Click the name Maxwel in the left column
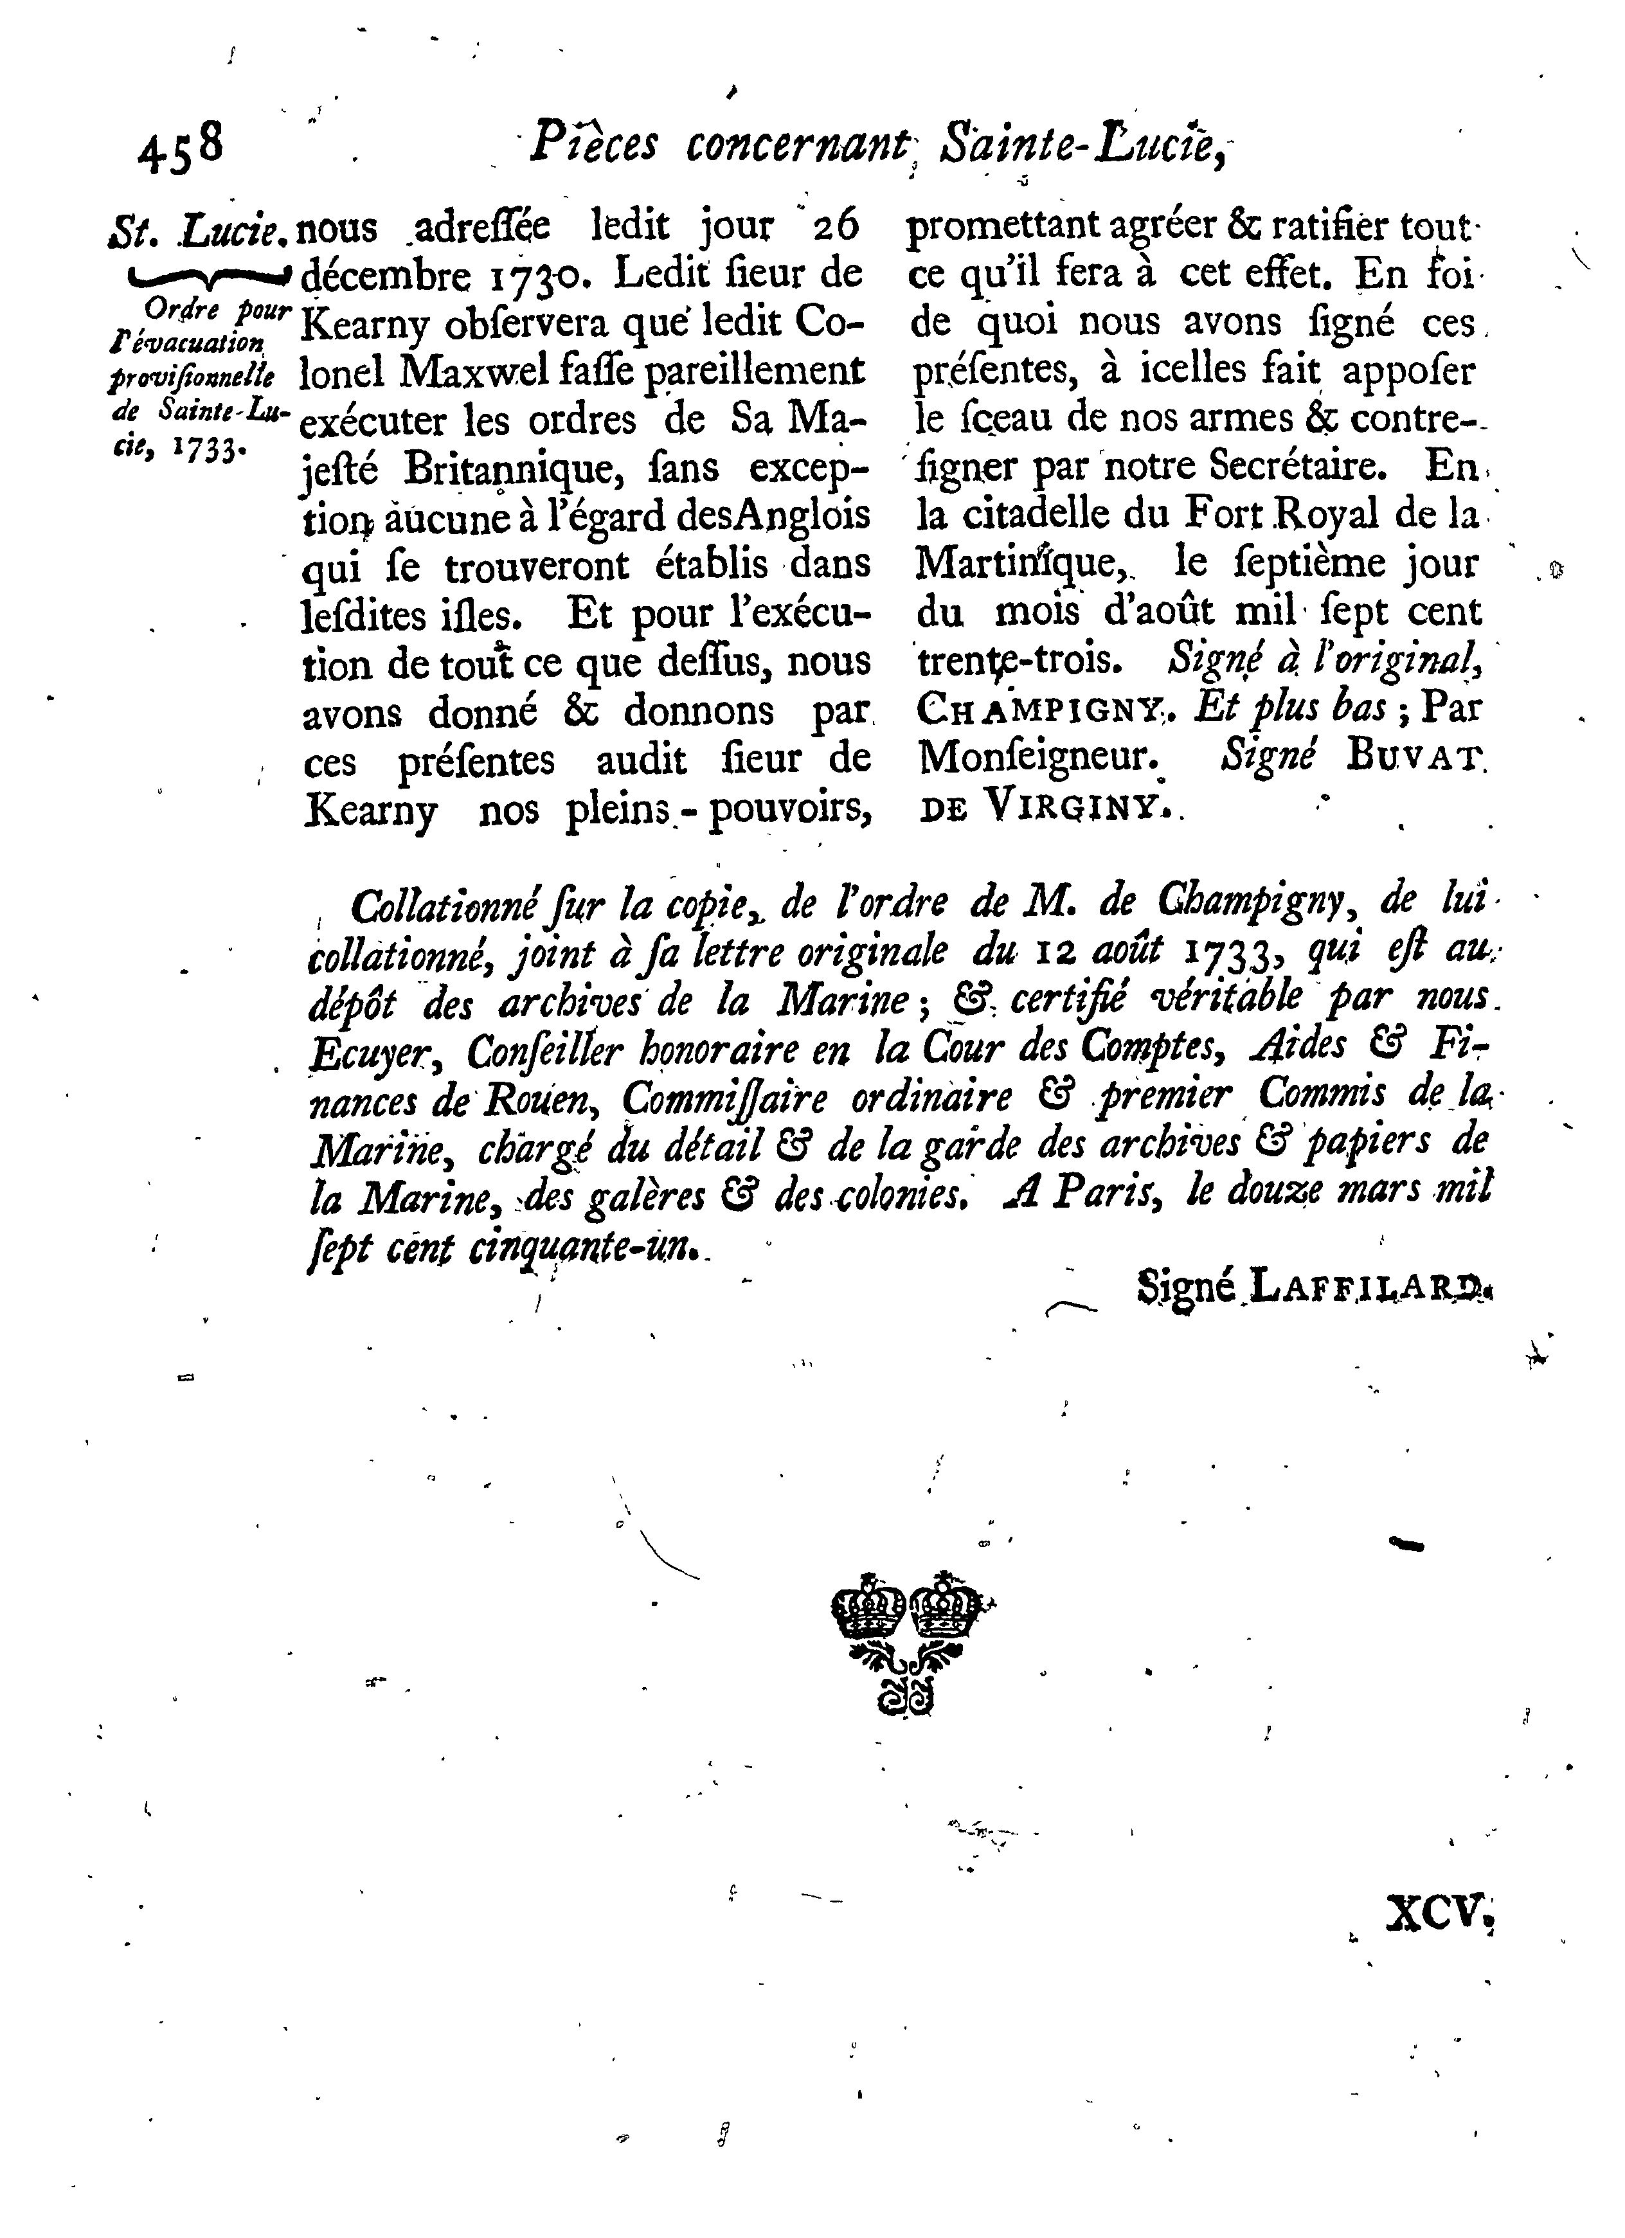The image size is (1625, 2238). (493, 372)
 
